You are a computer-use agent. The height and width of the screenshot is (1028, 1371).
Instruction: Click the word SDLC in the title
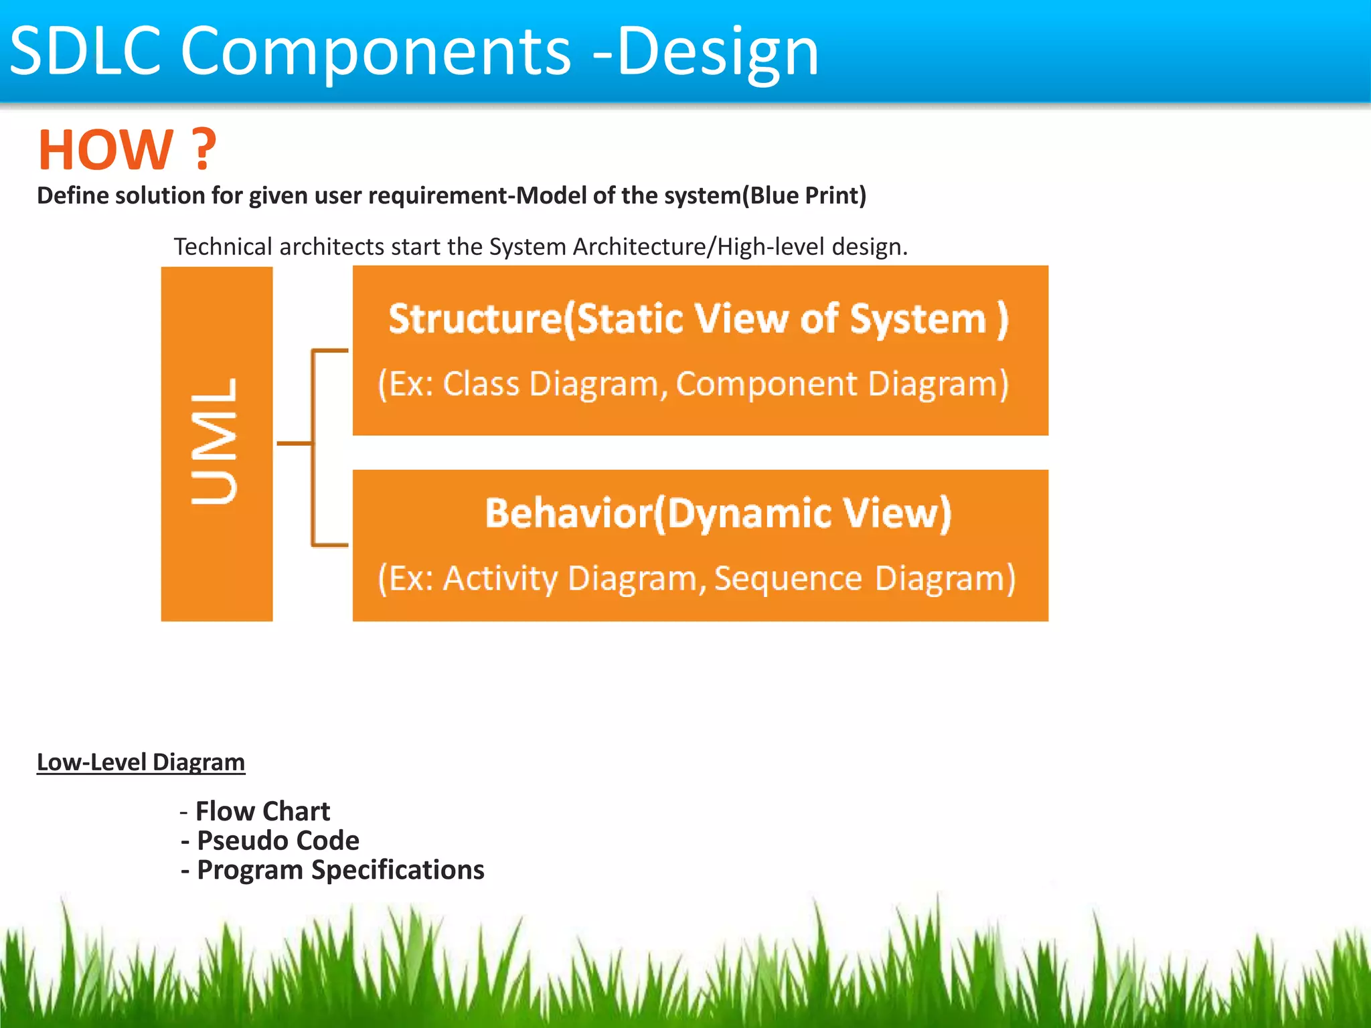pos(85,50)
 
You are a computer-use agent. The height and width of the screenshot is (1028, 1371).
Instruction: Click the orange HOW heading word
pos(106,150)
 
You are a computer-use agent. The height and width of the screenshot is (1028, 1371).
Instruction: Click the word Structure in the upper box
pos(475,319)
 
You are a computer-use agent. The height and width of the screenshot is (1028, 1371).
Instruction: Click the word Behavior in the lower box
pos(568,513)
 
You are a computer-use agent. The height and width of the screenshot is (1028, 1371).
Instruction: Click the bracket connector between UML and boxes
pos(313,443)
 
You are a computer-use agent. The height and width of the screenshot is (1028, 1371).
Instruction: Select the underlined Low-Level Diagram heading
pos(141,762)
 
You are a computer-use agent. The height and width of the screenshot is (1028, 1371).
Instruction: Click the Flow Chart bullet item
pos(262,811)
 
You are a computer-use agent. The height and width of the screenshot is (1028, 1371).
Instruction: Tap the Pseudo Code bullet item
pos(278,841)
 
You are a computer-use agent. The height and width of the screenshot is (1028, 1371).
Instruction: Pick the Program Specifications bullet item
pos(340,870)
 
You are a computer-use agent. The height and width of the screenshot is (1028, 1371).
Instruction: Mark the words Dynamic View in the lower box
pos(809,513)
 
